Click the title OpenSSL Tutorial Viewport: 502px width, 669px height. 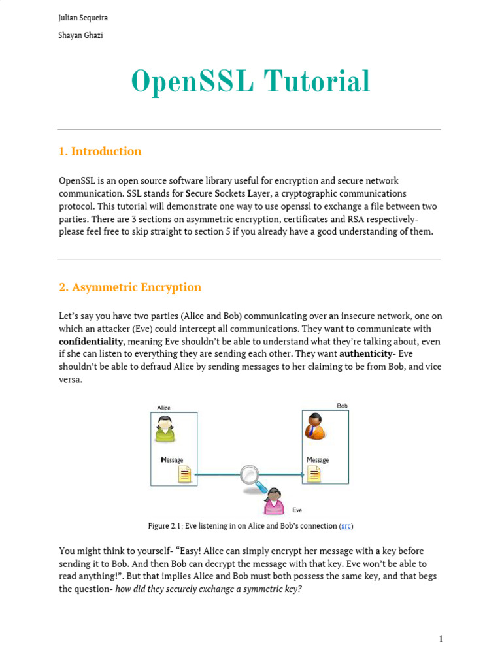click(x=250, y=82)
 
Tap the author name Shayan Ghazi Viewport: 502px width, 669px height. click(x=80, y=35)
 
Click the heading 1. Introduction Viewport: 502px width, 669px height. click(x=99, y=152)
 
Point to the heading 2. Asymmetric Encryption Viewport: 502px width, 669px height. click(x=129, y=287)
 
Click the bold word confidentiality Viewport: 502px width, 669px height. click(x=91, y=342)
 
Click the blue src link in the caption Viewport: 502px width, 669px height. click(x=346, y=526)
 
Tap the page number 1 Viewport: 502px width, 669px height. click(x=441, y=639)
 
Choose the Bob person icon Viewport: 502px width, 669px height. click(x=315, y=427)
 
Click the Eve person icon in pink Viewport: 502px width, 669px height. click(x=274, y=502)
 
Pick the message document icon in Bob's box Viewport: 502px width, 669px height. click(x=314, y=474)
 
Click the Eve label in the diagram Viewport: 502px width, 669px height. click(x=297, y=510)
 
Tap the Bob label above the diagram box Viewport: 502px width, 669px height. click(x=342, y=406)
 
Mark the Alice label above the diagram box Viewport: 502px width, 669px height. click(x=163, y=408)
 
